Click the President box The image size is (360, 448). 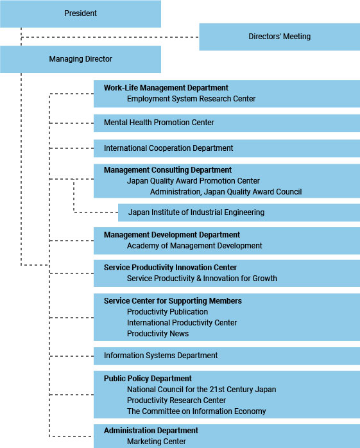point(80,13)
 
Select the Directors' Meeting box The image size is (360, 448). point(279,37)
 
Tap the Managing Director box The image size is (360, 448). point(80,60)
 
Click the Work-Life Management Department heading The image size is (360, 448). point(166,88)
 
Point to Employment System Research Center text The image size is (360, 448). point(191,99)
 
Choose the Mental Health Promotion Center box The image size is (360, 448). point(227,123)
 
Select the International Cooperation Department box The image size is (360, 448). point(227,148)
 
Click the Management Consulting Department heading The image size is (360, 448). point(167,170)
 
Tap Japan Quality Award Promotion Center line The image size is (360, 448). point(193,181)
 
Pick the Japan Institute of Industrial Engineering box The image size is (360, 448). point(239,212)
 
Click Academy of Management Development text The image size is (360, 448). point(194,246)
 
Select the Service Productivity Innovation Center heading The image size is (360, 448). point(170,268)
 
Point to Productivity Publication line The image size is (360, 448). point(167,312)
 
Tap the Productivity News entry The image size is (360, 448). point(158,333)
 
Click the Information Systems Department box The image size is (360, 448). point(227,356)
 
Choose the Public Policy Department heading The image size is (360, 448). point(148,379)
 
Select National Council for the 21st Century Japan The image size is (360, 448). point(201,390)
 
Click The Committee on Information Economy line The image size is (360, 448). point(196,411)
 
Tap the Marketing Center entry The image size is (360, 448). point(157,442)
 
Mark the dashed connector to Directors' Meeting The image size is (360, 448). point(110,37)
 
